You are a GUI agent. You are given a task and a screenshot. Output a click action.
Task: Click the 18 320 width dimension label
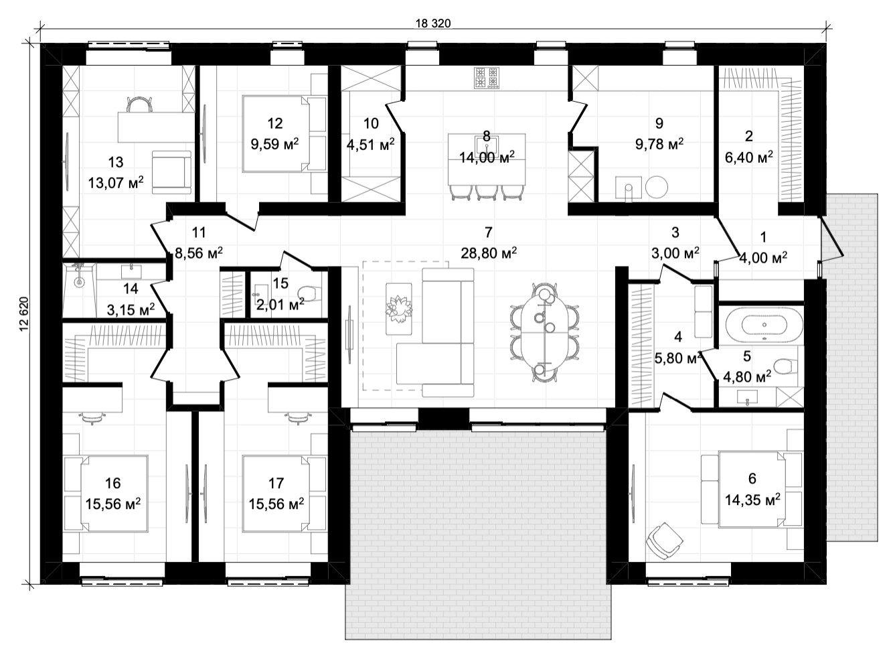click(433, 23)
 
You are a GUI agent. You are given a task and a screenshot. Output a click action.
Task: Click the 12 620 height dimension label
click(24, 313)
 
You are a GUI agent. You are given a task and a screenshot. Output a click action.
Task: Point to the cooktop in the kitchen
click(486, 78)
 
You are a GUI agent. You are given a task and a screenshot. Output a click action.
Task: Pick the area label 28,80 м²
click(488, 253)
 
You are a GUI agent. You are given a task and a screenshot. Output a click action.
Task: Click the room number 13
click(116, 162)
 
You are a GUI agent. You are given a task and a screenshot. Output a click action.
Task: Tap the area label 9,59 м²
click(274, 143)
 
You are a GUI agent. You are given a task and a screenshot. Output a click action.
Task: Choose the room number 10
click(371, 123)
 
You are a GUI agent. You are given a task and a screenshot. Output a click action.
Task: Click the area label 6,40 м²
click(749, 157)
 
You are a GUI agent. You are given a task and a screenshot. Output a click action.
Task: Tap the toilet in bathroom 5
click(783, 365)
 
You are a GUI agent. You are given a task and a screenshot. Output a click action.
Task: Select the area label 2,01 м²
click(280, 305)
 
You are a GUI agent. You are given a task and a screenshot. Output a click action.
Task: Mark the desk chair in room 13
click(139, 104)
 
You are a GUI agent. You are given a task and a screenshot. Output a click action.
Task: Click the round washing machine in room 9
click(657, 187)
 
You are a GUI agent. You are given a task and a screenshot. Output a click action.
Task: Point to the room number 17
click(276, 483)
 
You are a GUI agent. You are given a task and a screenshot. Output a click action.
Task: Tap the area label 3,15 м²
click(131, 309)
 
